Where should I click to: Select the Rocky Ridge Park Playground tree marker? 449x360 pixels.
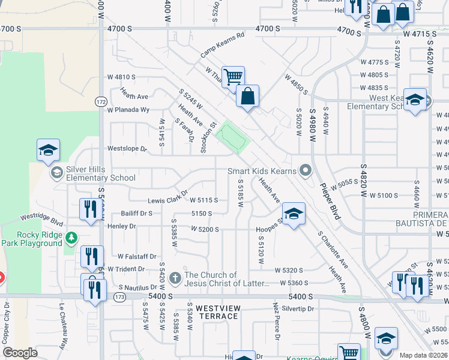pyautogui.click(x=71, y=238)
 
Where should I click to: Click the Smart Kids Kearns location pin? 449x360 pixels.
pyautogui.click(x=306, y=171)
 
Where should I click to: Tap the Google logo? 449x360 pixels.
pyautogui.click(x=20, y=353)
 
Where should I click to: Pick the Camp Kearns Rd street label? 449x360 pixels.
pyautogui.click(x=223, y=45)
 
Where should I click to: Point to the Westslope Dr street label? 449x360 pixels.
pyautogui.click(x=127, y=148)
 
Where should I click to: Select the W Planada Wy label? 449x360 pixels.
pyautogui.click(x=128, y=110)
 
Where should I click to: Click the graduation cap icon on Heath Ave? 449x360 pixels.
pyautogui.click(x=294, y=214)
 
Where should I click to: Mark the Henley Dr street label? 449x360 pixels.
pyautogui.click(x=122, y=226)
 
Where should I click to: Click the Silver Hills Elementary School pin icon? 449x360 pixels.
pyautogui.click(x=56, y=173)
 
